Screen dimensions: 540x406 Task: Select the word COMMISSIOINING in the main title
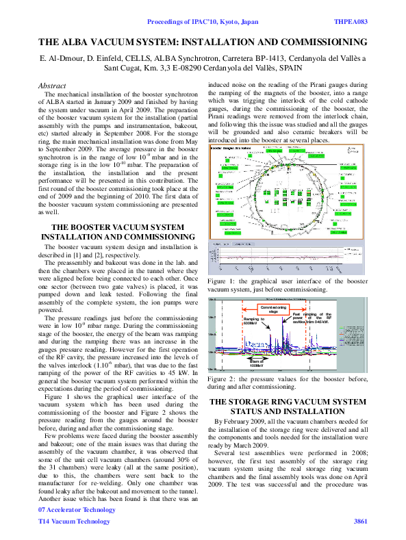pos(318,41)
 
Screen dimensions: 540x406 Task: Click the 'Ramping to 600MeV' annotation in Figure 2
pos(254,321)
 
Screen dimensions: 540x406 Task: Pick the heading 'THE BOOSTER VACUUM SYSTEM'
pos(118,227)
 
